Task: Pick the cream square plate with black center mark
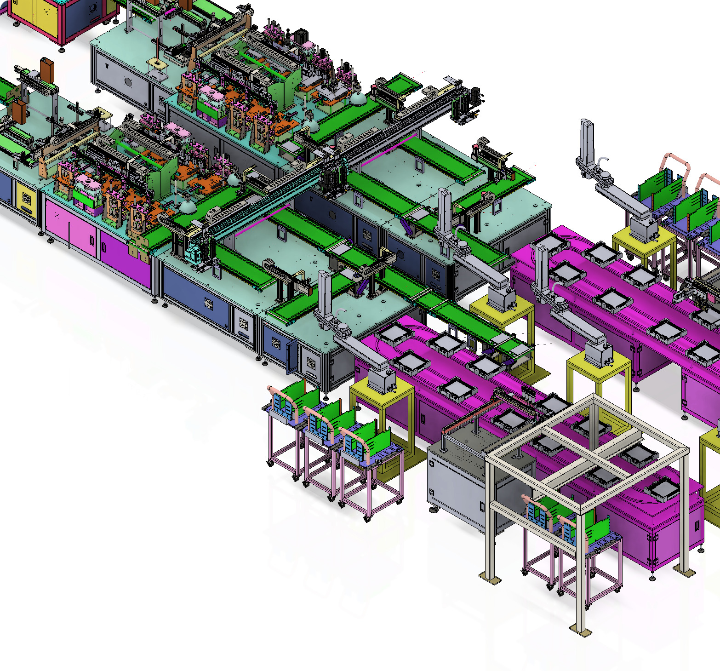point(156,63)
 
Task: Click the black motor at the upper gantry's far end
point(474,96)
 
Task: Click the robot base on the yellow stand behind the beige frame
point(597,354)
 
